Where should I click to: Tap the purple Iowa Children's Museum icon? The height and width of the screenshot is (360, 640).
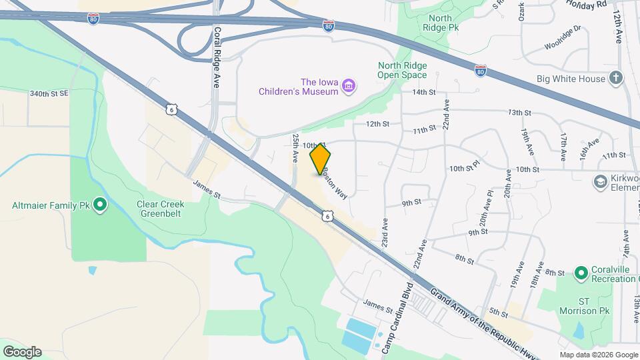click(348, 86)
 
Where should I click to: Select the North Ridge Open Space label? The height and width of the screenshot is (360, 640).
click(402, 70)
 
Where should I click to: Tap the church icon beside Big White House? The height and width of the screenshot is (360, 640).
click(617, 79)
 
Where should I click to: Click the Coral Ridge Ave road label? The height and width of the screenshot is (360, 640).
click(217, 59)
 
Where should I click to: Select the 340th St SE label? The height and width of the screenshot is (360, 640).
click(49, 94)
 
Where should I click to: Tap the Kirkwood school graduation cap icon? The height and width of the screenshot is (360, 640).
click(599, 181)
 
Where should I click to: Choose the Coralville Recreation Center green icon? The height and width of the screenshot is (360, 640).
click(581, 273)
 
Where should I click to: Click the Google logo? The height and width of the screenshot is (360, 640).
click(22, 351)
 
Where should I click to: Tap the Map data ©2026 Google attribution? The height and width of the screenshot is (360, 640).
click(598, 355)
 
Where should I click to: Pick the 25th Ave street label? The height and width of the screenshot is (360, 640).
click(296, 147)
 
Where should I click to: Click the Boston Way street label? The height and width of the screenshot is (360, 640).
click(335, 181)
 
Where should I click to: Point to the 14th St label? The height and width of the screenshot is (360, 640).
click(423, 92)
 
